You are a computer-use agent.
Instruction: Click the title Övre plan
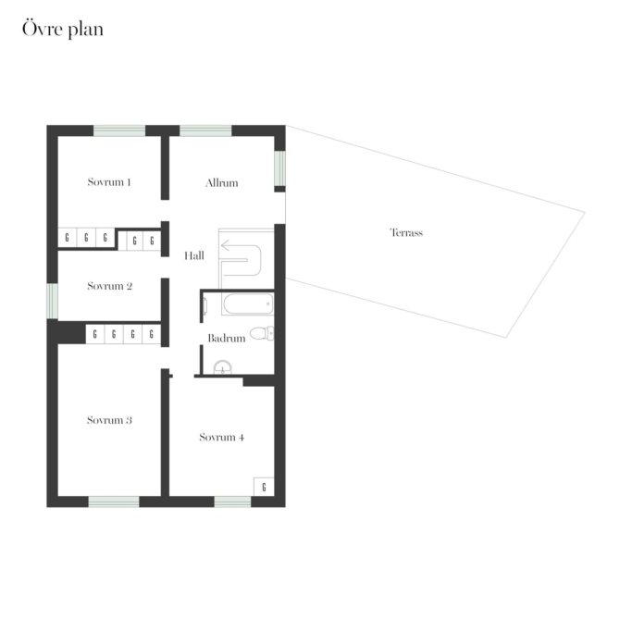[63, 29]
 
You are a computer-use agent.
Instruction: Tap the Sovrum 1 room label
[109, 182]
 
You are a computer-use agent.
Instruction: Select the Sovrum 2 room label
[109, 286]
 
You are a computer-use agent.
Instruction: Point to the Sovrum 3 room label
[109, 420]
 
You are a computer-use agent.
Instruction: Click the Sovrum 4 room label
[222, 438]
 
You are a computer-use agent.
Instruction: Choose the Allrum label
[222, 183]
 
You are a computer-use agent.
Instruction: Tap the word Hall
[194, 255]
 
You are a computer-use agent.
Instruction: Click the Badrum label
[227, 338]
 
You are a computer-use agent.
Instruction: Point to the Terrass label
[406, 232]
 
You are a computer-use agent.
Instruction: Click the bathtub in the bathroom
[247, 304]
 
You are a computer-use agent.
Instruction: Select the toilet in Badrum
[262, 333]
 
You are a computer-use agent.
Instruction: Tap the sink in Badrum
[222, 367]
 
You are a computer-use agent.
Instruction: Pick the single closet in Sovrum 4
[264, 487]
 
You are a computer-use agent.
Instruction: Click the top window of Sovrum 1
[119, 130]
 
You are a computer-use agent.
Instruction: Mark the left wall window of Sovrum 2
[53, 301]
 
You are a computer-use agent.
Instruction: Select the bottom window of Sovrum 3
[114, 502]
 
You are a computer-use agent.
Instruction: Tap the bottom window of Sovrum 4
[232, 502]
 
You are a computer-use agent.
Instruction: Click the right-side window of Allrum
[280, 168]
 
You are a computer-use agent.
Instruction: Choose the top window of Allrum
[205, 130]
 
